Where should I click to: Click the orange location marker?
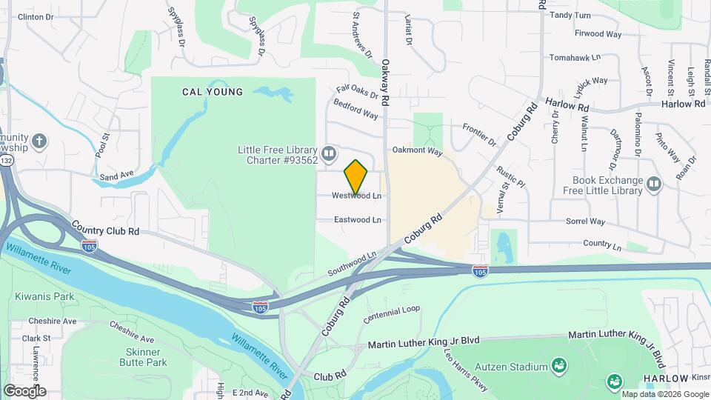[356, 176]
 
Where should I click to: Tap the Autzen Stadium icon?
[559, 366]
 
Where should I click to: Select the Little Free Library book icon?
[329, 153]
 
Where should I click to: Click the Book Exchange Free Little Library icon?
[653, 183]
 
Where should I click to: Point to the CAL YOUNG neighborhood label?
[213, 93]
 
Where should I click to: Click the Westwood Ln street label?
[357, 196]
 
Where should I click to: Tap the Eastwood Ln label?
[357, 220]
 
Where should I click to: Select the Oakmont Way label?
[417, 152]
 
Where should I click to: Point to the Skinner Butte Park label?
[141, 357]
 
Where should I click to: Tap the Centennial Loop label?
[392, 314]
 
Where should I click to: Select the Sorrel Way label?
[585, 221]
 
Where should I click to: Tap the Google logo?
[24, 390]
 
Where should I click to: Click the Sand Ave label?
[117, 176]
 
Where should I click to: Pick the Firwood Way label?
[598, 34]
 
